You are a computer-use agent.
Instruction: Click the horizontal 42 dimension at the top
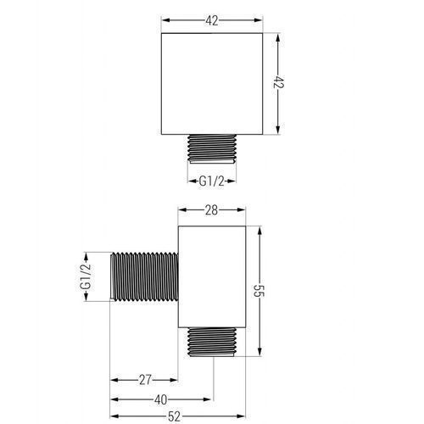pos(212,20)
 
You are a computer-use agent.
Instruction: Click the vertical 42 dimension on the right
pos(278,82)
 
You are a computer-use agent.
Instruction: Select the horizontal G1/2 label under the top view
pos(211,181)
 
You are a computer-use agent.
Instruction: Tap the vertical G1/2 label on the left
pos(86,276)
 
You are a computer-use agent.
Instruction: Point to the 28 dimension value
pos(211,210)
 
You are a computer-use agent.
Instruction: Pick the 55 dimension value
pos(259,290)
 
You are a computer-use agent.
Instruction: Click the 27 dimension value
pos(145,380)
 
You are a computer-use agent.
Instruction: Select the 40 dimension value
pos(161,399)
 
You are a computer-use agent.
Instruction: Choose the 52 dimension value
pos(174,416)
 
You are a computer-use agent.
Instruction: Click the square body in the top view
pos(212,84)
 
